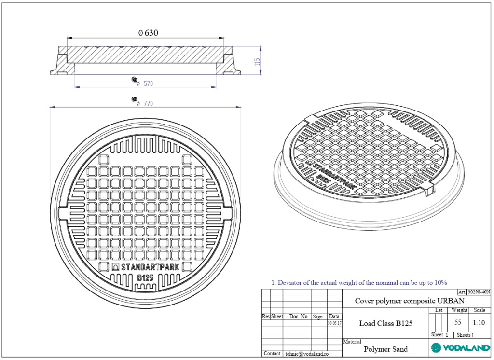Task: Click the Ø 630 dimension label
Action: [148, 33]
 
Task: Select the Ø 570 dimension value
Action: [145, 83]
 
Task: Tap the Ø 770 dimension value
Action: [145, 103]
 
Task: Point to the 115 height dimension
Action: [257, 62]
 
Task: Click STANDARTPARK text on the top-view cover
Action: [150, 267]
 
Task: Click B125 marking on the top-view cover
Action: [146, 278]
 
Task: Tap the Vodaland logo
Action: [460, 348]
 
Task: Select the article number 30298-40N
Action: [479, 292]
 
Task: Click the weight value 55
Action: [458, 322]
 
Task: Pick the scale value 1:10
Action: [479, 323]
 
